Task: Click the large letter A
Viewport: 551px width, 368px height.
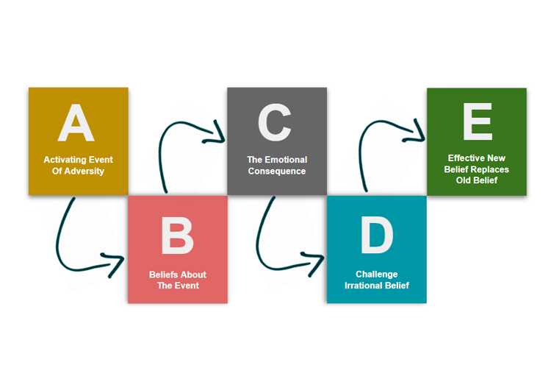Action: [x=76, y=123]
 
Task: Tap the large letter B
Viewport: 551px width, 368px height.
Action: [x=178, y=236]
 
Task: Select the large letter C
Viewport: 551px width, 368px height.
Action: [x=275, y=122]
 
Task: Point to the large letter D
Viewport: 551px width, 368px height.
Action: [x=377, y=235]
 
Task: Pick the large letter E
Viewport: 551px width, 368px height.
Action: [x=478, y=121]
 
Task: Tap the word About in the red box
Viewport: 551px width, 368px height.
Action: [x=194, y=275]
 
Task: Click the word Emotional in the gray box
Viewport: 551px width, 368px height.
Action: [x=286, y=160]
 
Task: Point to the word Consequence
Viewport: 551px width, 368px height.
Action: [x=277, y=171]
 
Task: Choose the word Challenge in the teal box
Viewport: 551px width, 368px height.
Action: [x=377, y=275]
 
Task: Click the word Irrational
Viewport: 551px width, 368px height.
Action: [x=362, y=286]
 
